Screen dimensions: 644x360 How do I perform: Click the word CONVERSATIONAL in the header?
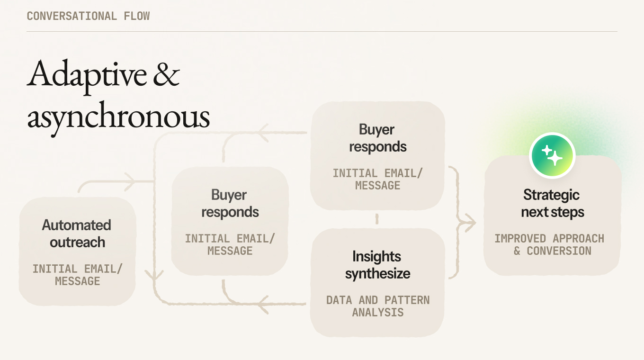(72, 16)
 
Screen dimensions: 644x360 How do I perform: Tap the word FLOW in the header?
(137, 16)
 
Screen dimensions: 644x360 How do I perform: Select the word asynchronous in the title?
(118, 117)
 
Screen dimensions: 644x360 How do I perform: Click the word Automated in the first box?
(77, 225)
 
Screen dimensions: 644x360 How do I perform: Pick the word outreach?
(77, 242)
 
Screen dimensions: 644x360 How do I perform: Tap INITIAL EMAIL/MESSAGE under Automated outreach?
(77, 275)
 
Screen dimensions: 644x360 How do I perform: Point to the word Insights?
(377, 256)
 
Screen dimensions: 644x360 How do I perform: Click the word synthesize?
(377, 273)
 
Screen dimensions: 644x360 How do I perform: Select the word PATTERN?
(407, 300)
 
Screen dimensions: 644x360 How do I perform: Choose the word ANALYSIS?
(377, 312)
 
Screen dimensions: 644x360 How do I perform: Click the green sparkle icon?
(552, 155)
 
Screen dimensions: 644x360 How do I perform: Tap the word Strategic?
(551, 195)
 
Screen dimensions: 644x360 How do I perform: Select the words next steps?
(552, 212)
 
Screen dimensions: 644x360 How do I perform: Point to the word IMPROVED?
(520, 238)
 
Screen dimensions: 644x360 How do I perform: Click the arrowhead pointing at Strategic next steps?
(471, 223)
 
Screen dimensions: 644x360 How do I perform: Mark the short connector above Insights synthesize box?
(377, 219)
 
